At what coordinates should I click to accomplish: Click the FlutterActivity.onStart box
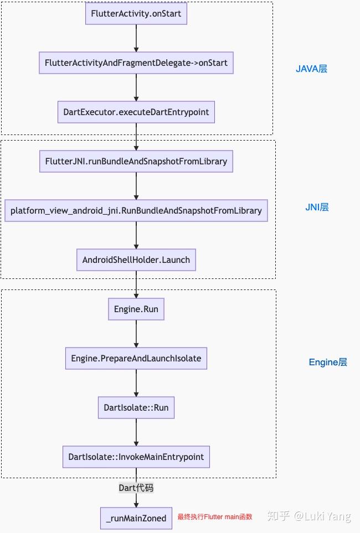pos(136,13)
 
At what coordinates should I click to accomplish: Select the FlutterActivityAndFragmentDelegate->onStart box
pos(136,63)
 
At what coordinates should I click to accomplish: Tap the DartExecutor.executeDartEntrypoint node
pos(136,112)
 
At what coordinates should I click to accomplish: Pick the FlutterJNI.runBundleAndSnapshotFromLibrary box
pos(136,161)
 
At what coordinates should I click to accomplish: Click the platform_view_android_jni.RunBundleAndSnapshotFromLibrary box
pos(136,210)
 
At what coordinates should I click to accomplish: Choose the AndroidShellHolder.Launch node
pos(136,260)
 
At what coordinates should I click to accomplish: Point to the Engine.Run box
pos(136,309)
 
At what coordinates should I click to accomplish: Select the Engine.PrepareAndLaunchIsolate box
pos(136,358)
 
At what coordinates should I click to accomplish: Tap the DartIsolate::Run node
pos(136,408)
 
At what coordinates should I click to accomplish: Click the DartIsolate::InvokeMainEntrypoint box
pos(136,457)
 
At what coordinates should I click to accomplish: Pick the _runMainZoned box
pos(136,518)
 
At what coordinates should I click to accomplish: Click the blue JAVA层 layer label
pos(312,69)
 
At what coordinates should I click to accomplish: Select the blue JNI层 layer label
pos(317,207)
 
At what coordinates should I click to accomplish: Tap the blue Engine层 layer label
pos(328,363)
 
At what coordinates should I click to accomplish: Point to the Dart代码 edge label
pos(136,488)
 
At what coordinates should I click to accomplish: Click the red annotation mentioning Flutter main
pos(215,517)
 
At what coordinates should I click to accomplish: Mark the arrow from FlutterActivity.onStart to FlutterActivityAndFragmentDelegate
pos(136,38)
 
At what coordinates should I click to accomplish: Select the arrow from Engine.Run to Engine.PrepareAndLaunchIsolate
pos(136,333)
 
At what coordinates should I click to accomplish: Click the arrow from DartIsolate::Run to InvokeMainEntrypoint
pos(136,432)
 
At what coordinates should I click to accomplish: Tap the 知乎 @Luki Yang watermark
pos(308,516)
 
